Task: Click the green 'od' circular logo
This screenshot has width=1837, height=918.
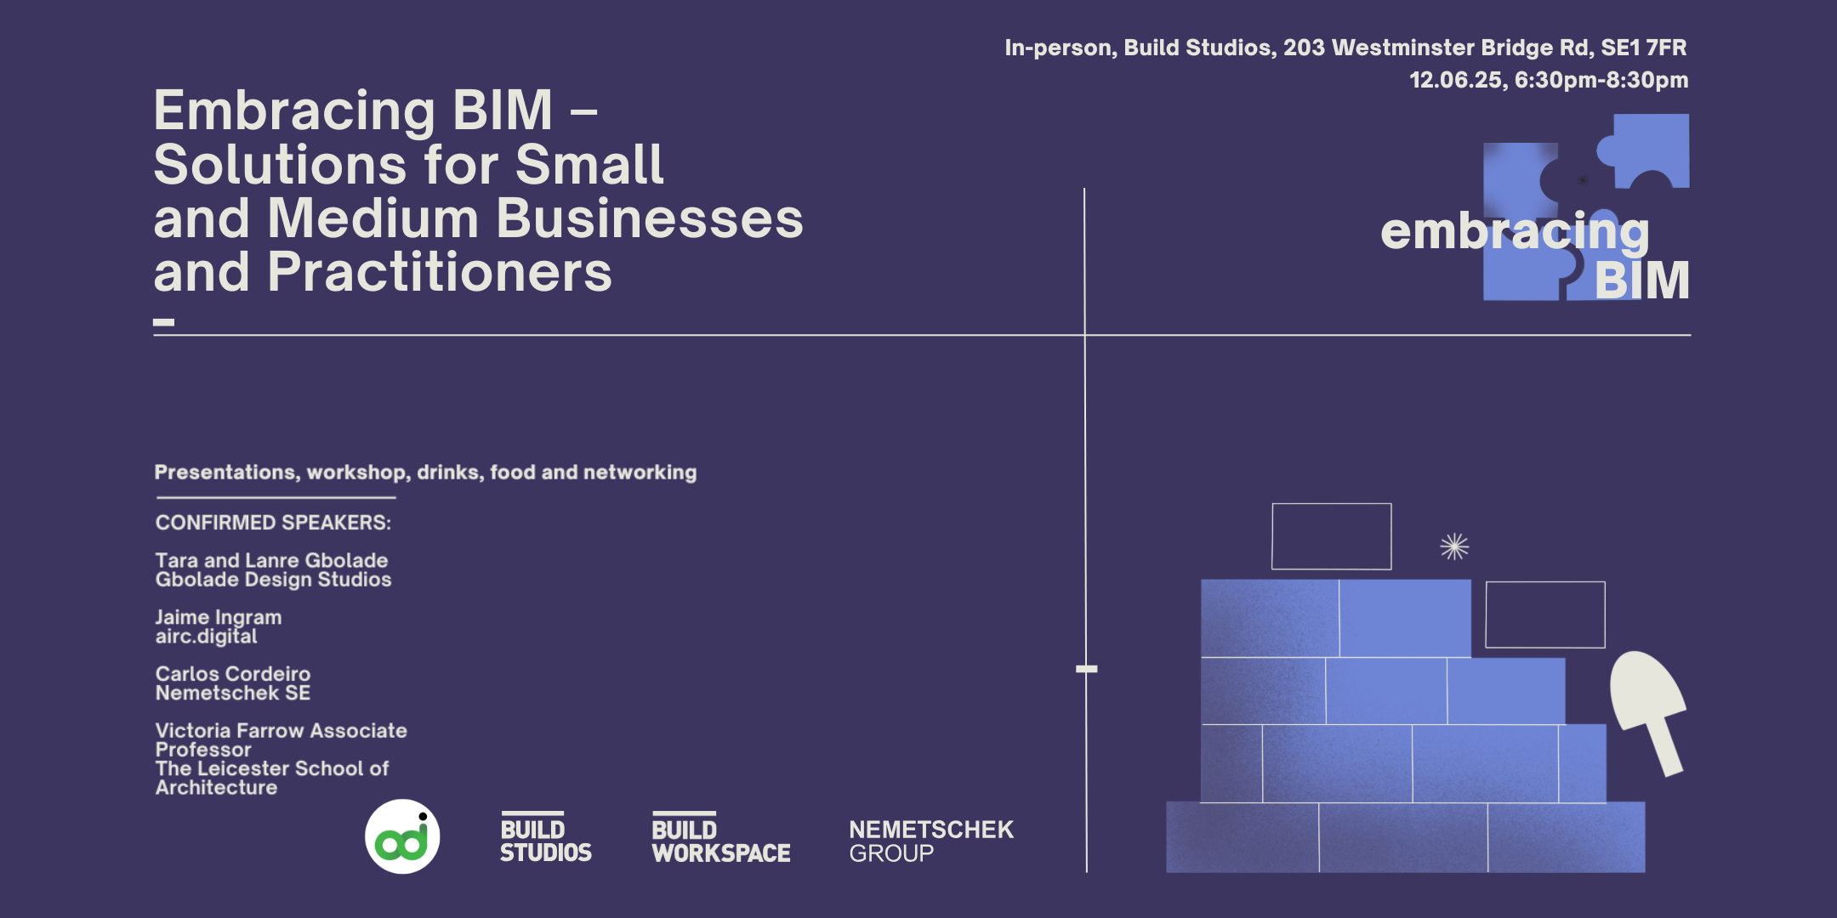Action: (x=402, y=836)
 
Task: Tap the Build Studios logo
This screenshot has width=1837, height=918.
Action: (x=545, y=839)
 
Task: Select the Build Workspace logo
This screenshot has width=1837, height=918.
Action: (x=721, y=839)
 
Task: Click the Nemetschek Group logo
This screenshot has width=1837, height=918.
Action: (x=931, y=841)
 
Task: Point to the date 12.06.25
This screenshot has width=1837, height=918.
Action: (x=1458, y=80)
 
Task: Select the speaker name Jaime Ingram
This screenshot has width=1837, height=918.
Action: (x=219, y=617)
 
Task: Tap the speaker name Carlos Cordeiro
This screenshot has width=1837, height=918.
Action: (x=233, y=674)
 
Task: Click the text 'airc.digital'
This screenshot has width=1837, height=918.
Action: (x=206, y=637)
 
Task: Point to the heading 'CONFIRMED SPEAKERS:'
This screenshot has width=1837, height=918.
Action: (x=273, y=523)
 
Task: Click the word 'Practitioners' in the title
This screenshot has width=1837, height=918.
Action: (x=440, y=273)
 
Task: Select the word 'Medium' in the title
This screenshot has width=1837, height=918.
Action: (x=374, y=218)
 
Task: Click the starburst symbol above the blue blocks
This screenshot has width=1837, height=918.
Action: (x=1454, y=547)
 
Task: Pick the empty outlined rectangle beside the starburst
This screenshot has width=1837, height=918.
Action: (x=1331, y=536)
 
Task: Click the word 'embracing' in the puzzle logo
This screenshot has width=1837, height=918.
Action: (x=1515, y=231)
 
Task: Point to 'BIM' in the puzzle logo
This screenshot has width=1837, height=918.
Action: (x=1641, y=280)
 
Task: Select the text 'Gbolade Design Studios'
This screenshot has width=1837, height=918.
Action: (x=273, y=580)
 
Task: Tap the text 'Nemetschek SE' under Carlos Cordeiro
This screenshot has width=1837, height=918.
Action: (x=233, y=694)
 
